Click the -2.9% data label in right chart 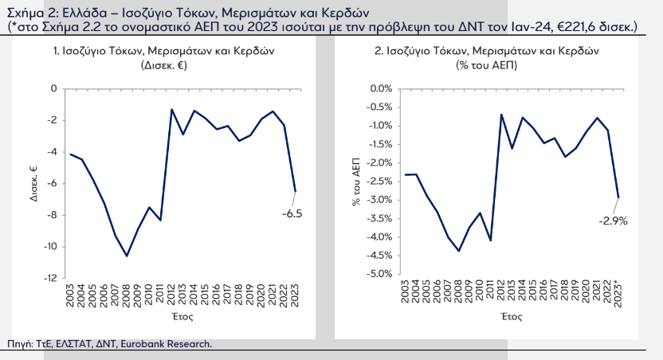614,221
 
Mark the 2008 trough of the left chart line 126,256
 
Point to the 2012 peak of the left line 171,109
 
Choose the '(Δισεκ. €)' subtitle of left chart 163,66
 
